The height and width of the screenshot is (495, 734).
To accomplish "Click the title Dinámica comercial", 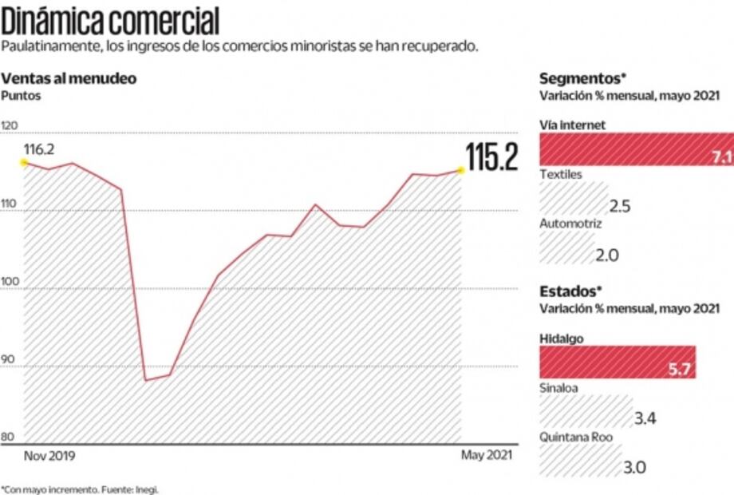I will click(x=110, y=20).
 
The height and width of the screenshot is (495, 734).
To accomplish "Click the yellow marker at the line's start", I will click(x=24, y=162).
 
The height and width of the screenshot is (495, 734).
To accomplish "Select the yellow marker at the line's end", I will click(x=460, y=169).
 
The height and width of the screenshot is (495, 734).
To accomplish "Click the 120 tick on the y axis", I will click(x=10, y=125).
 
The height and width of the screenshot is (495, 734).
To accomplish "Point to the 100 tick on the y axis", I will click(x=10, y=281).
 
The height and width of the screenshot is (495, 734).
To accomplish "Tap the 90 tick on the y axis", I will click(x=9, y=359).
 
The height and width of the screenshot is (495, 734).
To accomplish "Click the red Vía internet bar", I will click(x=636, y=149).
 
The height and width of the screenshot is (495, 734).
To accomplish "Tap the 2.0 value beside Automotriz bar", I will click(x=608, y=255).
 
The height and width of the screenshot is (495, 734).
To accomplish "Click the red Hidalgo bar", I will click(x=618, y=362).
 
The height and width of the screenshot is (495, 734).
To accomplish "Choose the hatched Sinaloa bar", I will click(x=586, y=413).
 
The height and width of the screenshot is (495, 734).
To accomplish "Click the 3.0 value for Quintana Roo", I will click(x=635, y=467).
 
